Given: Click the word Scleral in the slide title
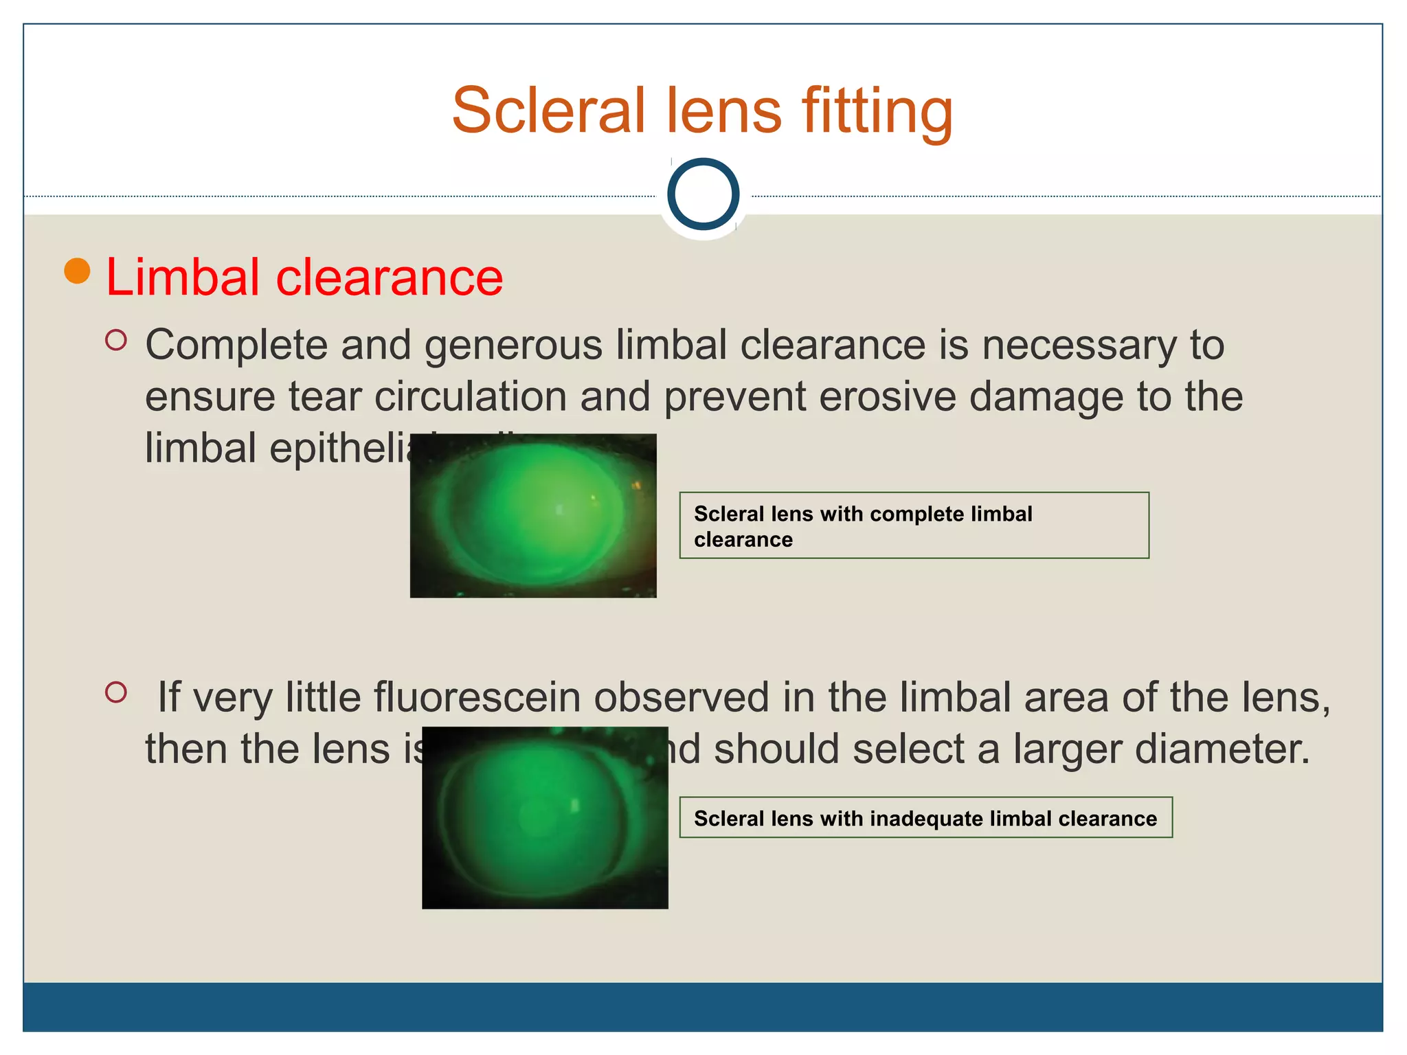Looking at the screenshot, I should click(548, 111).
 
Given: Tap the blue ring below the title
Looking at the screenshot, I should click(703, 194).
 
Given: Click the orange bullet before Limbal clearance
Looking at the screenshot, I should click(77, 271).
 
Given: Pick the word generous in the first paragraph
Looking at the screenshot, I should click(513, 345).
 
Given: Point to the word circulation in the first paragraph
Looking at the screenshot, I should click(469, 397).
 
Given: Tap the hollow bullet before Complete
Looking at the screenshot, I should click(116, 340).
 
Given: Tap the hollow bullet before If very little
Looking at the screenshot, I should click(116, 692).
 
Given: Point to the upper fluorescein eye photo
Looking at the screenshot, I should click(533, 516).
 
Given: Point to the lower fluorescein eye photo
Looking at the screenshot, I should click(545, 817).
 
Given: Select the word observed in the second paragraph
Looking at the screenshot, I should click(682, 697).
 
